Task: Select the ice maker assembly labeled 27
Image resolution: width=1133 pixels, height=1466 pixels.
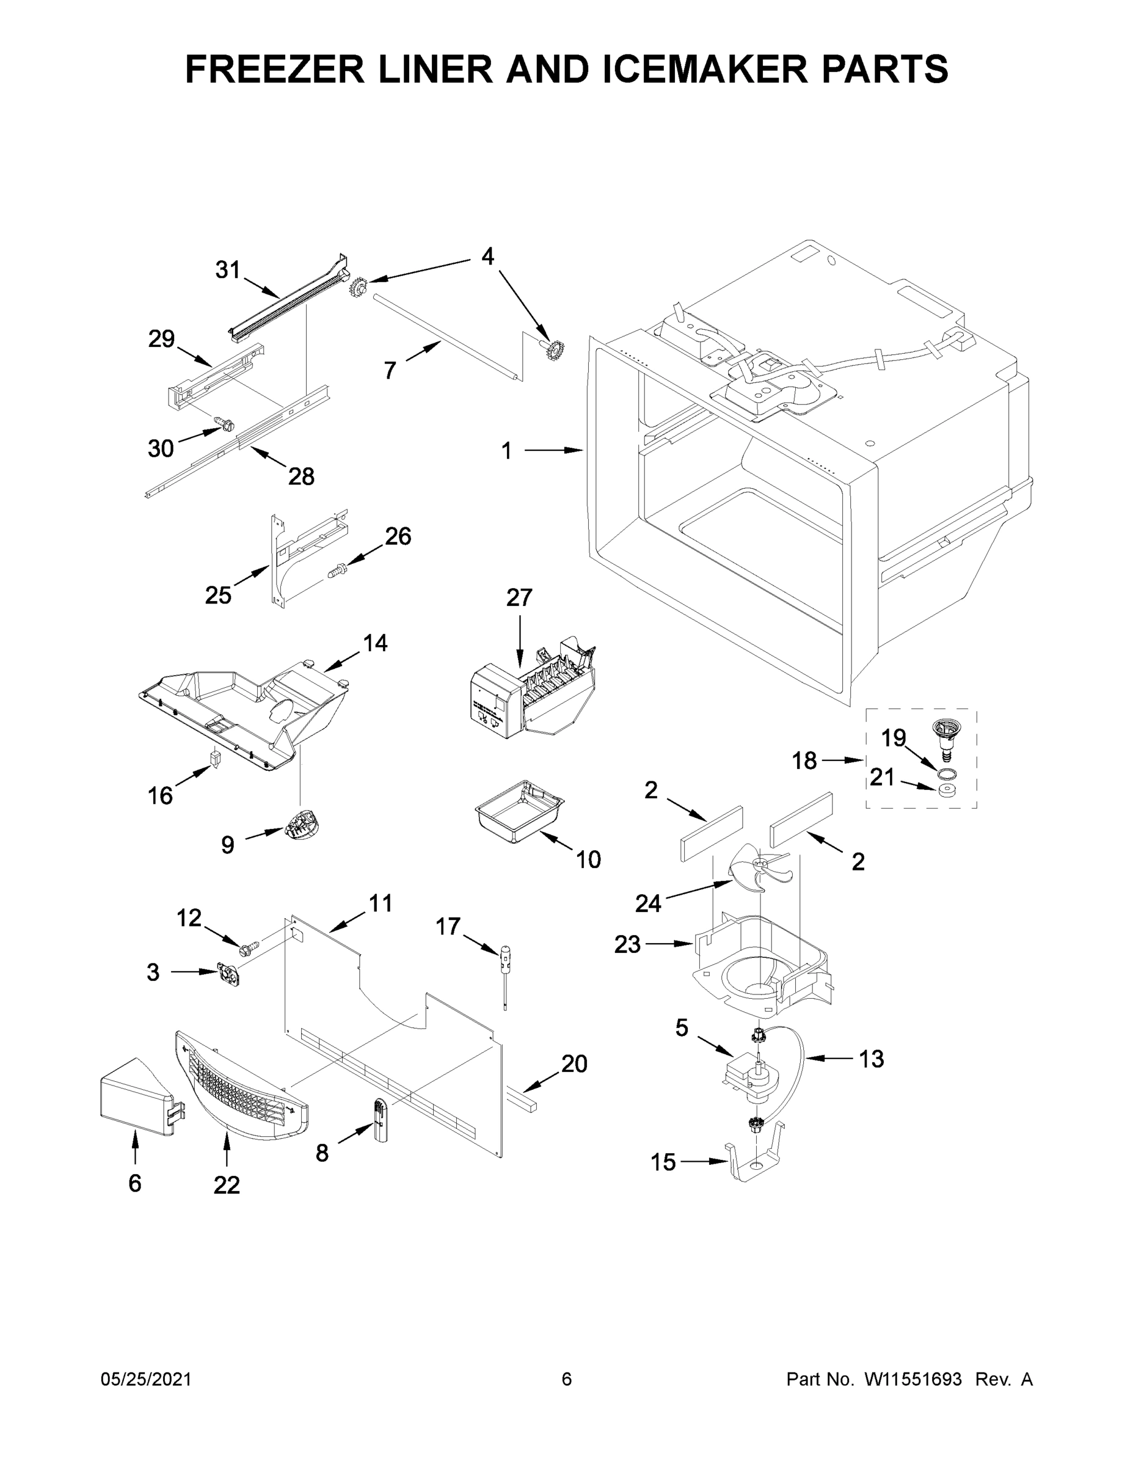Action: pos(530,694)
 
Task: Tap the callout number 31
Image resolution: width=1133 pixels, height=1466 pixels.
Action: pos(228,270)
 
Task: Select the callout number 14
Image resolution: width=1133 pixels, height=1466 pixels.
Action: pos(375,643)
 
